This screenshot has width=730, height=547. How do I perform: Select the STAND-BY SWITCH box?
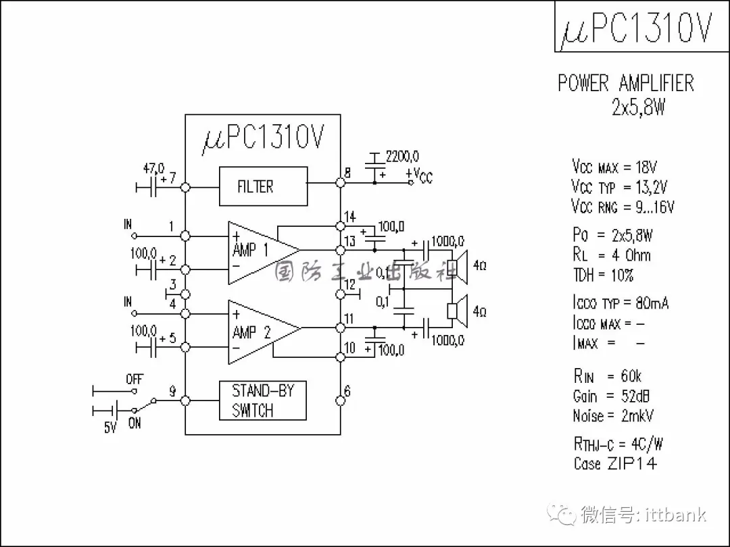[263, 400]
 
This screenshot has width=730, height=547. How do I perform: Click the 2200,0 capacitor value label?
[402, 157]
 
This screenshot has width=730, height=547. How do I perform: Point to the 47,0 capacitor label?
[153, 167]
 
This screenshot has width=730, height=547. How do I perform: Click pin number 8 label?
[347, 173]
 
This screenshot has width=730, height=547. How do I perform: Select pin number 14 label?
[349, 217]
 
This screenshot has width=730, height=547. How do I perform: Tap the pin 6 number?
[347, 391]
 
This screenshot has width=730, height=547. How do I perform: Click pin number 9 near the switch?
[172, 391]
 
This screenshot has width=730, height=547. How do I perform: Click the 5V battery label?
[110, 427]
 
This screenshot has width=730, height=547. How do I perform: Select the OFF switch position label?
[135, 380]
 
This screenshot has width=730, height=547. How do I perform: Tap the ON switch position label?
[135, 423]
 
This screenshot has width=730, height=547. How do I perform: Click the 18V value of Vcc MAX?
[646, 167]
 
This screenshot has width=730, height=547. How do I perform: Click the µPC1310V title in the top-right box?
[636, 28]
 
